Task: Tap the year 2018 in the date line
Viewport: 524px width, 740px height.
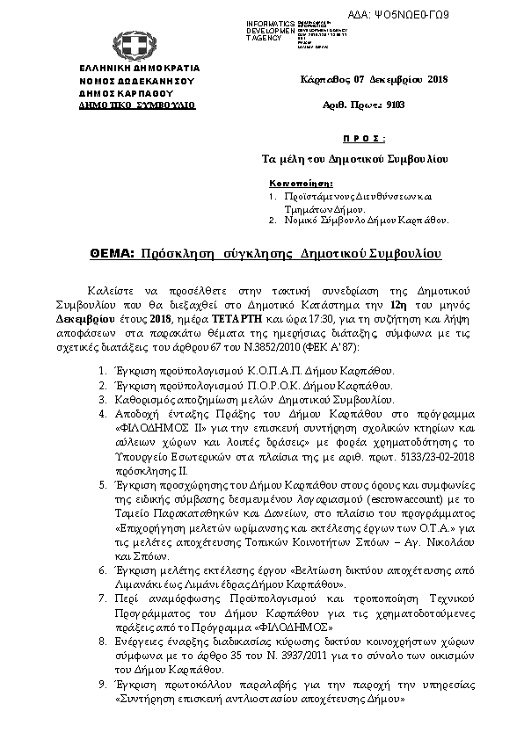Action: pyautogui.click(x=438, y=80)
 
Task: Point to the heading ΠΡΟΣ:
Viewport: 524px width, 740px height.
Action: pyautogui.click(x=363, y=139)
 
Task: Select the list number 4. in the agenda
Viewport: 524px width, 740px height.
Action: pyautogui.click(x=104, y=412)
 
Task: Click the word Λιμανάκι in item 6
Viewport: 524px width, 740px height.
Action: pyautogui.click(x=142, y=584)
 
